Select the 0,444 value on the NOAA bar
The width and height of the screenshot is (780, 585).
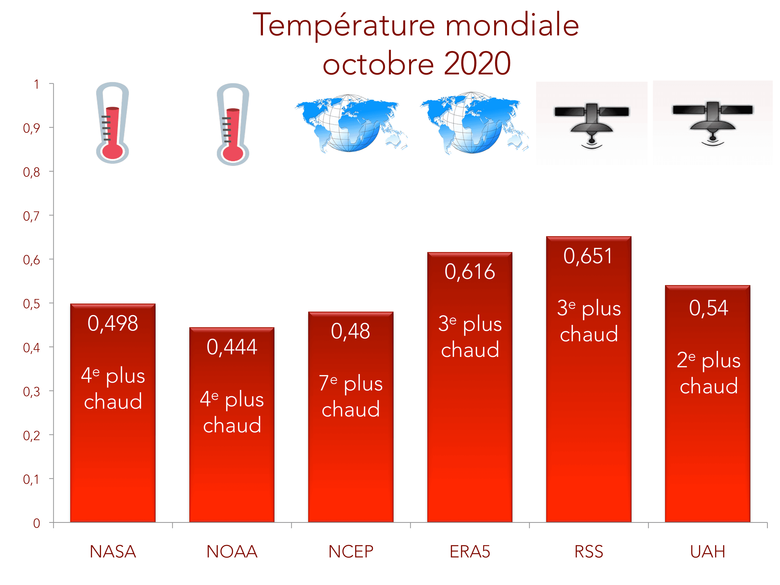pyautogui.click(x=232, y=347)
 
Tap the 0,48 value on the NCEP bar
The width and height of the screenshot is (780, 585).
pyautogui.click(x=351, y=331)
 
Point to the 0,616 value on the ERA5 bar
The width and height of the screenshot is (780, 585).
pyautogui.click(x=470, y=272)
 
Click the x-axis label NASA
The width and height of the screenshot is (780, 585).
pyautogui.click(x=113, y=551)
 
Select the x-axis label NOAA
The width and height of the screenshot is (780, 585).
pyautogui.click(x=232, y=551)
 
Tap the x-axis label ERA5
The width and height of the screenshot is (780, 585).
pyautogui.click(x=470, y=551)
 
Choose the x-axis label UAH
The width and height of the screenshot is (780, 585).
pyautogui.click(x=708, y=551)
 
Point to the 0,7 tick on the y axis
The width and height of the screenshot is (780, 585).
pyautogui.click(x=31, y=216)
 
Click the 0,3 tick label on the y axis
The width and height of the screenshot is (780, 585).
pyautogui.click(x=31, y=391)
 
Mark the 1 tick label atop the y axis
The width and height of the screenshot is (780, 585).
pyautogui.click(x=36, y=84)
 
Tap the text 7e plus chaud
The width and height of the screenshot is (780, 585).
pyautogui.click(x=351, y=396)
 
